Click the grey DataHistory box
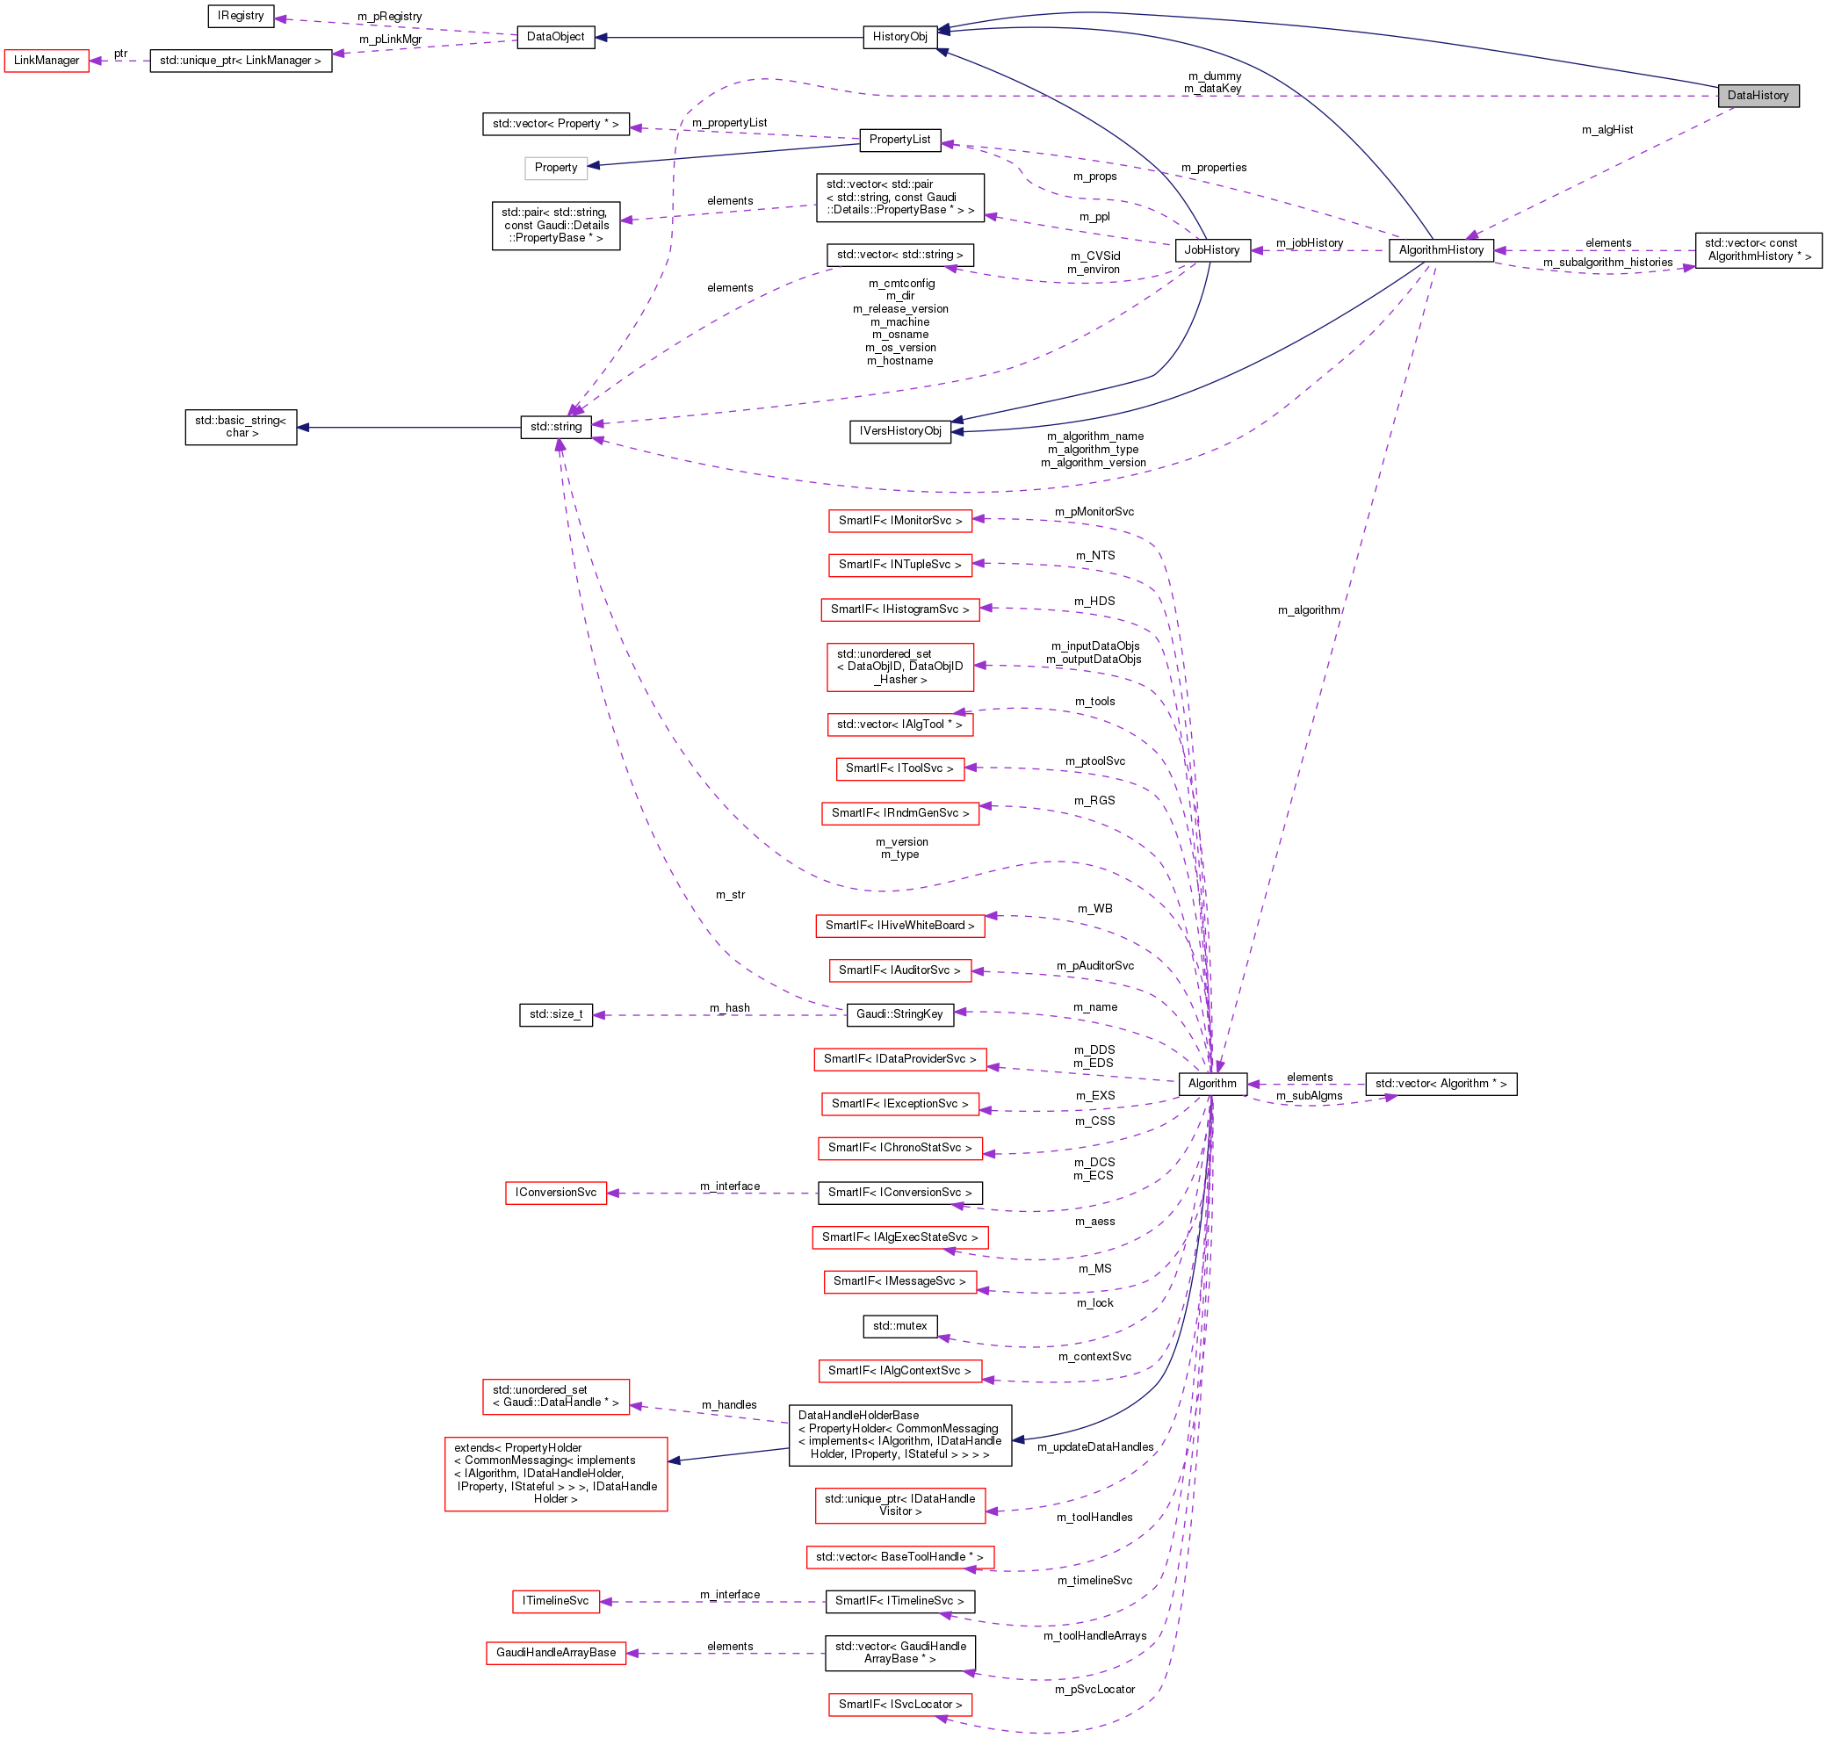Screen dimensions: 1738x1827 pos(1757,96)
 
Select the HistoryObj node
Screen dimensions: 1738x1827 pos(899,37)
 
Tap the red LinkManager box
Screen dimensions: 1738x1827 pos(47,61)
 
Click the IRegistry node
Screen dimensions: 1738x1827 pos(240,16)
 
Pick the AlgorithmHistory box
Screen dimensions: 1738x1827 pos(1440,250)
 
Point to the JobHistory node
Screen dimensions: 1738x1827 pos(1211,250)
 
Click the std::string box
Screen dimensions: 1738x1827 pos(556,427)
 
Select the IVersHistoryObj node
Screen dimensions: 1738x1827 pos(899,432)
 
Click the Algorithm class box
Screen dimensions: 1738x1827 pos(1211,1084)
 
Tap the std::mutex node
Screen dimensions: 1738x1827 pos(899,1327)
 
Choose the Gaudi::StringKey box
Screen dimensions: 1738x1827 pos(899,1014)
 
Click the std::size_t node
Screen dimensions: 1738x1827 pos(556,1015)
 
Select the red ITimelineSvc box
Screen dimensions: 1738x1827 pos(555,1602)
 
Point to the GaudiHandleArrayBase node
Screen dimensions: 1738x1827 pos(555,1654)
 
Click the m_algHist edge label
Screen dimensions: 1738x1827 pos(1607,130)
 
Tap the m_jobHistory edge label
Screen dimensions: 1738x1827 pos(1309,242)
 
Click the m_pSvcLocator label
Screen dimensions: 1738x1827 pos(1094,1690)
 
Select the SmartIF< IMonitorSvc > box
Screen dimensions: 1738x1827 pos(899,521)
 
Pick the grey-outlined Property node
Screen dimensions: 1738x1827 pos(555,168)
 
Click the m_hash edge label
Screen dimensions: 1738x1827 pos(729,1008)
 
